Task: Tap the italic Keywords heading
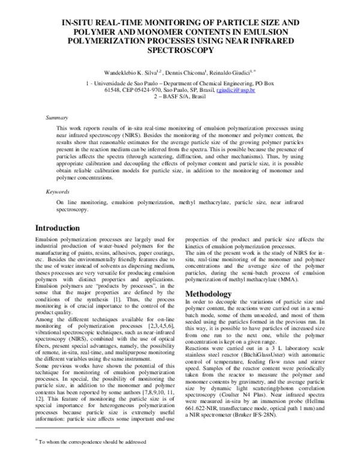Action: pos(58,192)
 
